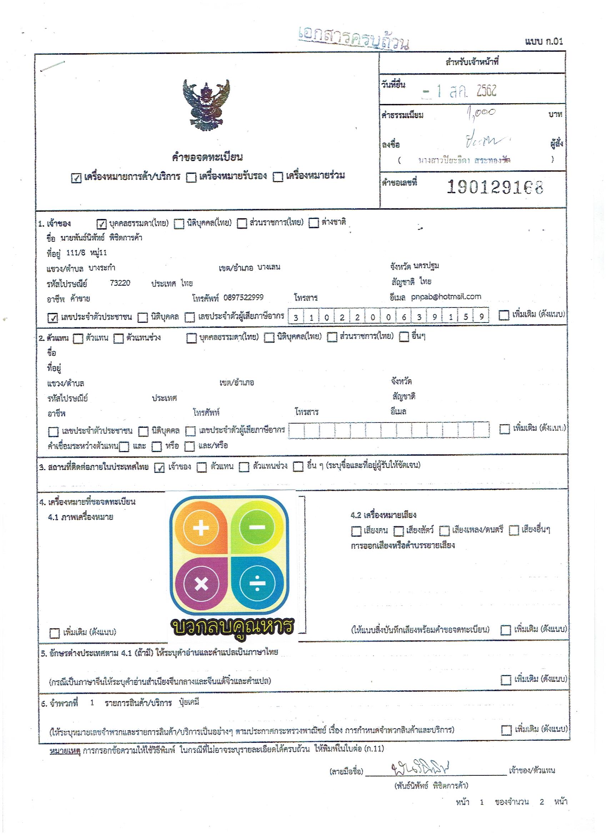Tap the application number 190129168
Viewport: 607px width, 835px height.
click(495, 187)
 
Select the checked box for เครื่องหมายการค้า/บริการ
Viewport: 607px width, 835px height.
click(76, 178)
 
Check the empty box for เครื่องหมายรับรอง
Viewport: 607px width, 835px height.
click(191, 178)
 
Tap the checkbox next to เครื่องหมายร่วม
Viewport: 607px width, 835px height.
click(277, 177)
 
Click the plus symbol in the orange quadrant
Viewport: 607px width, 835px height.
click(201, 528)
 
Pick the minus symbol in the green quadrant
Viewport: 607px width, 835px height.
click(257, 527)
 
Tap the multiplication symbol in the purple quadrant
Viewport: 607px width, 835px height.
click(201, 584)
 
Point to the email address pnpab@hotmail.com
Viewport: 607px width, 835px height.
click(446, 296)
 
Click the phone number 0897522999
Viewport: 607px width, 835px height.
click(243, 297)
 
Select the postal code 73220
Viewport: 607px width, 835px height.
click(120, 283)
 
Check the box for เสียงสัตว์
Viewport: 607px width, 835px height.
click(398, 531)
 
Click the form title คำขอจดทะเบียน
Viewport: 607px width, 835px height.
click(207, 157)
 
